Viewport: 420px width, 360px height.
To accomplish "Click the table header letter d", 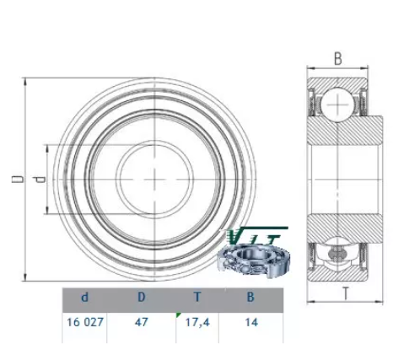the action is [x=84, y=297].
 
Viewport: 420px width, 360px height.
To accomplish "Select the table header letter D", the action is [x=142, y=297].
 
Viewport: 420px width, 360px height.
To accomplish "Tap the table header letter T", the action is [x=197, y=297].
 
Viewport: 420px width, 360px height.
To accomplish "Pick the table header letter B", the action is [x=250, y=297].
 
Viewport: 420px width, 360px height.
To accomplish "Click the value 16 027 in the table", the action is [x=85, y=322].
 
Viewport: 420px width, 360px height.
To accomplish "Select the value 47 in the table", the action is [x=141, y=322].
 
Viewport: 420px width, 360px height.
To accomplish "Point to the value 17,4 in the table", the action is [x=197, y=322].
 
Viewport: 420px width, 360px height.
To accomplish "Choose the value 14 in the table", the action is [x=251, y=322].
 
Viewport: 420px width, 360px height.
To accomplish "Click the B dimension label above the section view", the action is [x=338, y=59].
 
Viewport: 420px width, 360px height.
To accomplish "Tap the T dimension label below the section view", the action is [x=346, y=293].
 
